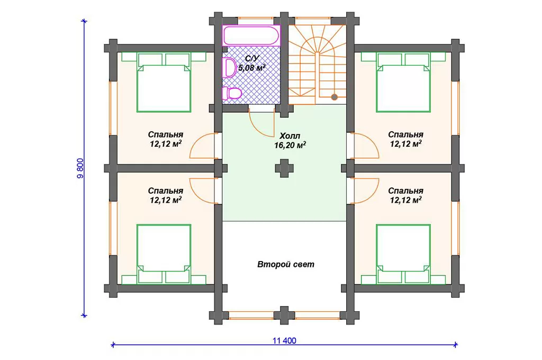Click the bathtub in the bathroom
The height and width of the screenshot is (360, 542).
[x=251, y=35]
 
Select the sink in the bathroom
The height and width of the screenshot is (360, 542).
[x=230, y=68]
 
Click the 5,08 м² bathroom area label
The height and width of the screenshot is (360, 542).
[x=252, y=68]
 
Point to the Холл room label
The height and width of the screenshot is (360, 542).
[x=290, y=136]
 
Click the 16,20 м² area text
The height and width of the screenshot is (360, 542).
[x=290, y=145]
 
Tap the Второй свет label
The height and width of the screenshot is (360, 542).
[x=286, y=265]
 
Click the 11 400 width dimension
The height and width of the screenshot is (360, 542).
[x=284, y=340]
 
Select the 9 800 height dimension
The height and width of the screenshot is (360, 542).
[x=80, y=168]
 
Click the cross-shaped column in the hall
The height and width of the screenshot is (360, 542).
[x=284, y=168]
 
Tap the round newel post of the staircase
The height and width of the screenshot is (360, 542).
[x=335, y=97]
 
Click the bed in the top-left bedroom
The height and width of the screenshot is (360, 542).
[x=164, y=82]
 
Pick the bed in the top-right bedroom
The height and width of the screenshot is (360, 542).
[x=403, y=82]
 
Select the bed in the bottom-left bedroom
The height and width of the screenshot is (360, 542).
[x=164, y=254]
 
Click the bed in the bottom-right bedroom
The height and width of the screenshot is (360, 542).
[x=403, y=254]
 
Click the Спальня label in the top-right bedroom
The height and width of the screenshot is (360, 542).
[x=405, y=134]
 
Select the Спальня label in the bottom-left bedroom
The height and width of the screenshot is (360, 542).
[x=166, y=191]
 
